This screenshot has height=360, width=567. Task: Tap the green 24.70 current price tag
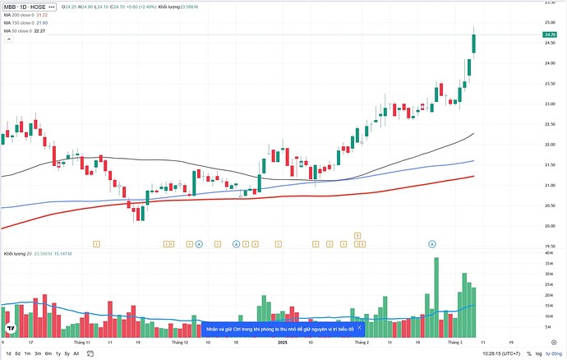click(x=550, y=35)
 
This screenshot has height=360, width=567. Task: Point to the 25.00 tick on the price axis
click(x=549, y=23)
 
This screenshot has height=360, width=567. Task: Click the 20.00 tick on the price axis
click(x=549, y=226)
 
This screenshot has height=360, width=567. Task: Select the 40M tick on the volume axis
click(x=547, y=253)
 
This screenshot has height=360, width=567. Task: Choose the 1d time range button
click(x=7, y=353)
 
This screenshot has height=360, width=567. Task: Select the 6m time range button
click(x=48, y=353)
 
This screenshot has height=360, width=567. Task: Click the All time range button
click(x=76, y=353)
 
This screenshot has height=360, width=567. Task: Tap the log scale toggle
click(x=538, y=353)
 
